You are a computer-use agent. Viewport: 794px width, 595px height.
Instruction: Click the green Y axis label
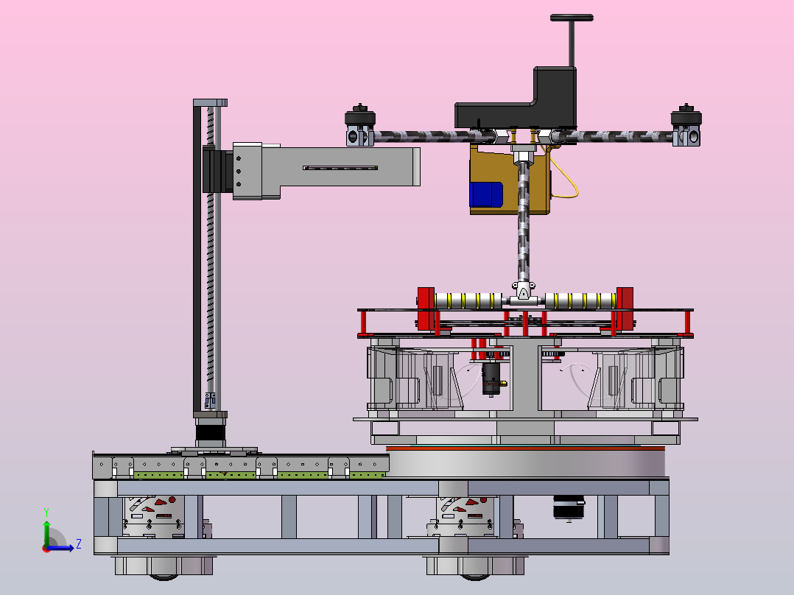pos(46,513)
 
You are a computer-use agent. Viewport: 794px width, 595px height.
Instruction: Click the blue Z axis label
pos(79,544)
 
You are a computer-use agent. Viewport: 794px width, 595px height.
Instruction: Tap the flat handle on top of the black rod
pos(572,18)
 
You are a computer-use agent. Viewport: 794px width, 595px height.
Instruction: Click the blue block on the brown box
pos(485,194)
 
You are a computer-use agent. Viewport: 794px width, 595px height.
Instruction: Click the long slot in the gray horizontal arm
pos(340,168)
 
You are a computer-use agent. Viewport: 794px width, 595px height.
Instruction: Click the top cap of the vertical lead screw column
pos(210,103)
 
